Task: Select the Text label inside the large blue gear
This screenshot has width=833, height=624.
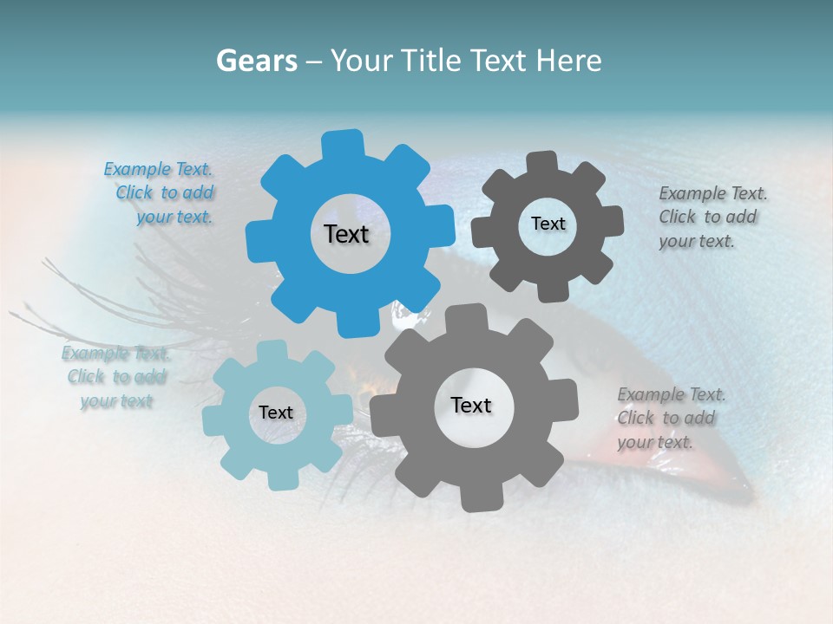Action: tap(346, 234)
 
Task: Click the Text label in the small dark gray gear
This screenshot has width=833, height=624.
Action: tap(548, 224)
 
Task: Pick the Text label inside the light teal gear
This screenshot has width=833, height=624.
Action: tap(276, 413)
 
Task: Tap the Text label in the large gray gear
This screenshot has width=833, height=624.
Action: tap(471, 405)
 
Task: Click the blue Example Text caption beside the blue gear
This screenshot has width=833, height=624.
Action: tap(161, 193)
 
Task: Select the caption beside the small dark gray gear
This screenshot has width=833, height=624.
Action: tap(712, 218)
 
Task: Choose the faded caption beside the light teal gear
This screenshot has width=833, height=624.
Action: tap(116, 377)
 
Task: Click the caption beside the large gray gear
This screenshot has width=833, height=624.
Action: tap(670, 419)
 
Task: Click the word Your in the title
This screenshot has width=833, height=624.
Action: tap(363, 61)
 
